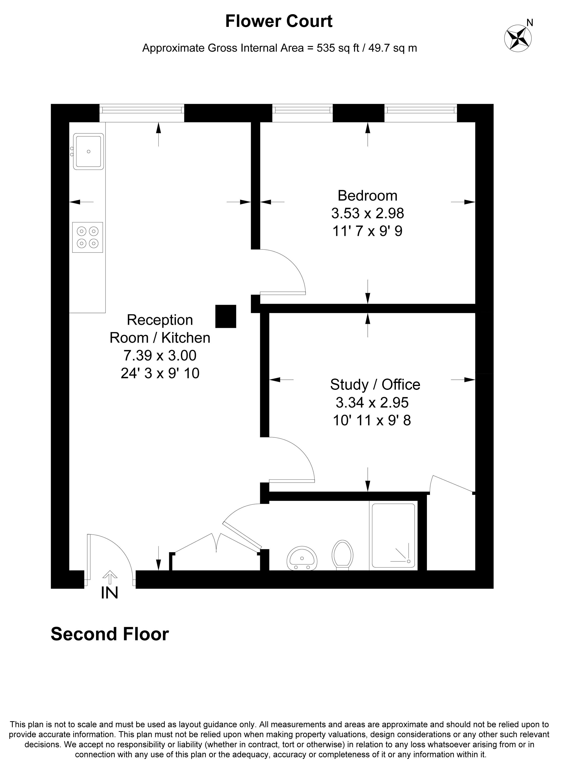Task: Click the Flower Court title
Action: click(x=279, y=21)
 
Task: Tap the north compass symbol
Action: click(x=518, y=38)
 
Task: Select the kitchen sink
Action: click(x=88, y=151)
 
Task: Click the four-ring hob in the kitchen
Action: click(x=87, y=237)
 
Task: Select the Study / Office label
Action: click(x=375, y=385)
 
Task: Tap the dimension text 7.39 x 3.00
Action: click(x=160, y=355)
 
